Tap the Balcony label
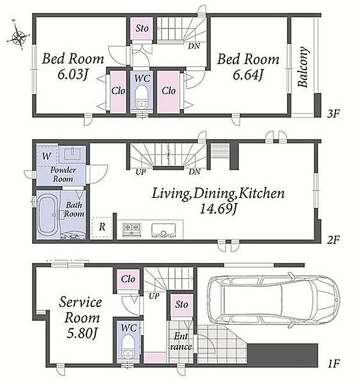[x=303, y=67]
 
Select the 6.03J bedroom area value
[x=73, y=74]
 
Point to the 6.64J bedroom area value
[x=248, y=75]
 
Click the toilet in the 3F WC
[x=142, y=97]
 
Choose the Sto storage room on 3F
[x=142, y=28]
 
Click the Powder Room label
[x=63, y=175]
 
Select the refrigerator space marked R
[x=102, y=227]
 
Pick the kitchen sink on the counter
[x=163, y=230]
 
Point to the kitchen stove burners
[x=132, y=230]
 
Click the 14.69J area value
[x=218, y=209]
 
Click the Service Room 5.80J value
[x=82, y=333]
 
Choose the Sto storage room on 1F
[x=181, y=305]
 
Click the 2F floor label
[x=334, y=240]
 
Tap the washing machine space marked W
[x=46, y=156]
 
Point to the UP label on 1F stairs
[x=154, y=296]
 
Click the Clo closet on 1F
[x=128, y=279]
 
